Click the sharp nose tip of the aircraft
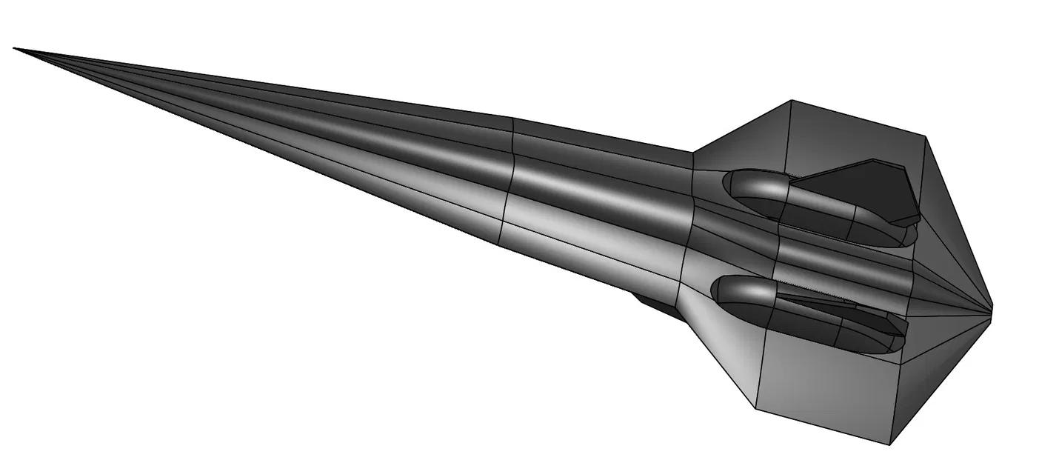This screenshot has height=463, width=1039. coord(15,49)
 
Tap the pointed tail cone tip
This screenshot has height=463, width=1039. coord(991,305)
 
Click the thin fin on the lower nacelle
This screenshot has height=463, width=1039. coord(837,300)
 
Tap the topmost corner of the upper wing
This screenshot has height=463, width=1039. coord(792,100)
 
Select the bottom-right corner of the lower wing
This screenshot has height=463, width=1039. coord(889,444)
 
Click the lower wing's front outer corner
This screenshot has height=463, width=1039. coord(755,408)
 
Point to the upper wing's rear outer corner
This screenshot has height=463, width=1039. coord(925,136)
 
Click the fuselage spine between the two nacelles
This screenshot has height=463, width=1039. coord(837,263)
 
